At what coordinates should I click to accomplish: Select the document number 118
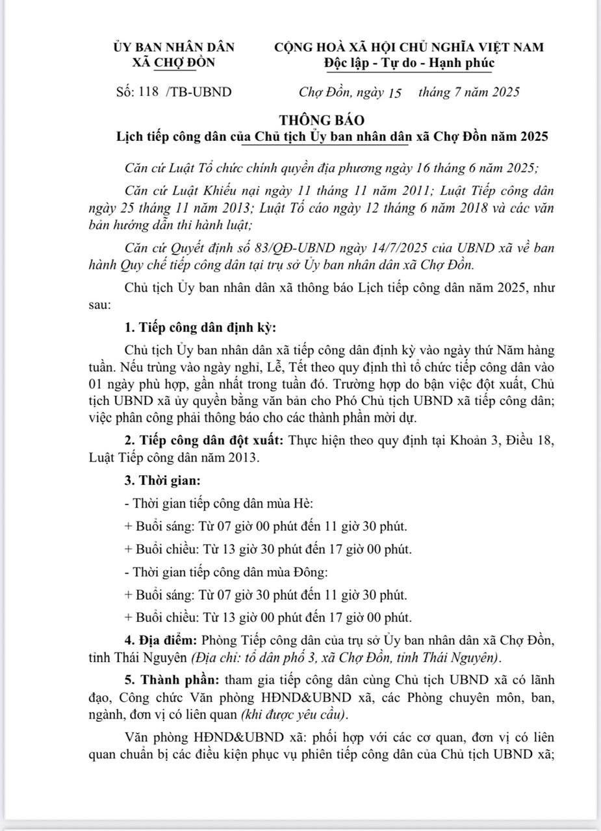click(149, 92)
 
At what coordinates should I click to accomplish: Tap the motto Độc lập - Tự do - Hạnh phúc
click(409, 63)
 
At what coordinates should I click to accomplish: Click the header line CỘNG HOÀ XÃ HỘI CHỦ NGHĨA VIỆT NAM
click(409, 47)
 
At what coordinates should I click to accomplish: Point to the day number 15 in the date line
click(394, 92)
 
